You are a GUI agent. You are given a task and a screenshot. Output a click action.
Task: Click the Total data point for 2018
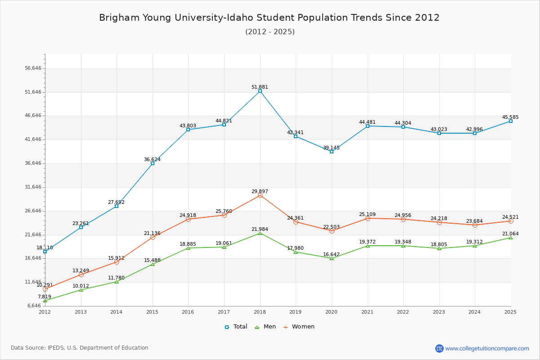click(x=260, y=91)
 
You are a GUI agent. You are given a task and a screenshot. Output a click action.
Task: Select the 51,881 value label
click(x=260, y=87)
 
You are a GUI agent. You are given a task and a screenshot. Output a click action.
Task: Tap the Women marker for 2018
click(x=260, y=195)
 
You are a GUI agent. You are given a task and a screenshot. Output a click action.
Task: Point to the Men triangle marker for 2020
click(x=332, y=258)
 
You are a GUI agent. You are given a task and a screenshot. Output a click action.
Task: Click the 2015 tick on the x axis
click(x=152, y=312)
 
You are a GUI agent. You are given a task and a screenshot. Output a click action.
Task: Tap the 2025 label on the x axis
click(x=510, y=312)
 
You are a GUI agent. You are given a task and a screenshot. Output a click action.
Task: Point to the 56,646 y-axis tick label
click(x=33, y=68)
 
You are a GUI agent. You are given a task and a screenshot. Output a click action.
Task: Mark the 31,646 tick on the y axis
click(x=33, y=187)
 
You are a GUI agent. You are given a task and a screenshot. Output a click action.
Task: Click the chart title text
click(x=269, y=18)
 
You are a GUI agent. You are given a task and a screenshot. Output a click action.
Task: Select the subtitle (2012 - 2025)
click(x=270, y=32)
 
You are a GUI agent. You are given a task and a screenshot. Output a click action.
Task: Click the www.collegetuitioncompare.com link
click(x=487, y=348)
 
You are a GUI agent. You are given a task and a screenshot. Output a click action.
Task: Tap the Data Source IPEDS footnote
click(x=80, y=348)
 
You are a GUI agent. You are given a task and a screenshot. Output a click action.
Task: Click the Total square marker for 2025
click(x=511, y=121)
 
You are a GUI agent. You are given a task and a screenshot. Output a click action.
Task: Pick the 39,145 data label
click(x=331, y=148)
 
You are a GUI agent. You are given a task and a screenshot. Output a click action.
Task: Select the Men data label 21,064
click(x=510, y=234)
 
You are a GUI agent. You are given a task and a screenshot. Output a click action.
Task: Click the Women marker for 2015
click(x=153, y=237)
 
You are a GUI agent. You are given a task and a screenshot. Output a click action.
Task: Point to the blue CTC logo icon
click(x=439, y=348)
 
